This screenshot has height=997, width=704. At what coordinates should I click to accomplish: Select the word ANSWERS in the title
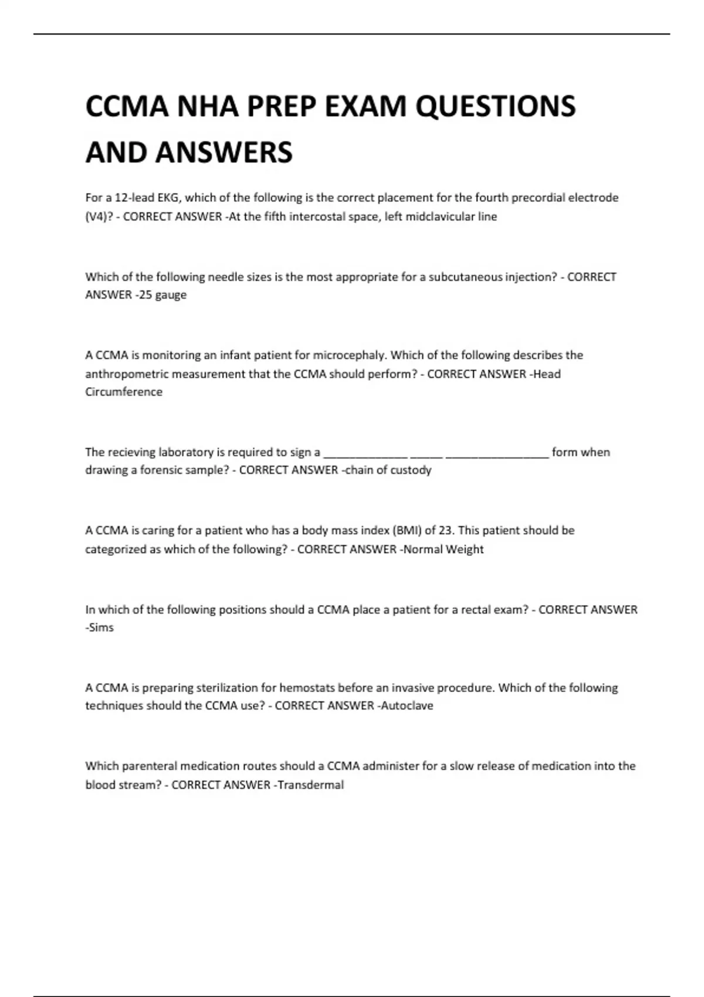coord(224,152)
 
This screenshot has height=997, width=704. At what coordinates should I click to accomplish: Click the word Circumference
coord(124,392)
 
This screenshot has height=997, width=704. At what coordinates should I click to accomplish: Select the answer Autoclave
coord(407,706)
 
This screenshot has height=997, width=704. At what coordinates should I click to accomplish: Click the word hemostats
coord(307,687)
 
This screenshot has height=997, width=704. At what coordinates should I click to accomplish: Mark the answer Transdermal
coord(310,785)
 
